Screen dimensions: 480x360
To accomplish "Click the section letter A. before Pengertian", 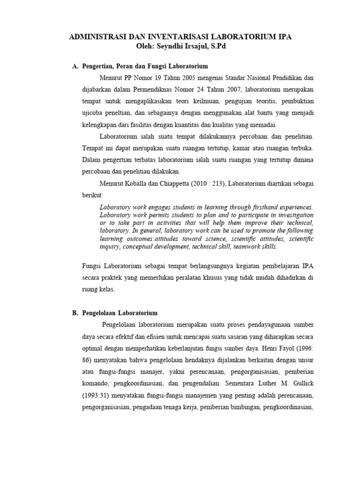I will pos(75,67).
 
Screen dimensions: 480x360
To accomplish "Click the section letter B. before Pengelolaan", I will pos(75,313).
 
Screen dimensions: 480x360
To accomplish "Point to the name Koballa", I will pos(141,182).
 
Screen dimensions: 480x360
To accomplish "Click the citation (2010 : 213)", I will pos(222,182).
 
